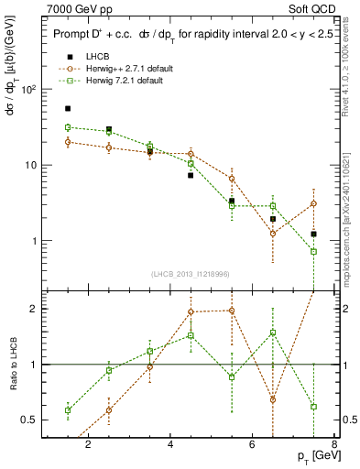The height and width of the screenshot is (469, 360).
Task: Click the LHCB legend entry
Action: pos(84,57)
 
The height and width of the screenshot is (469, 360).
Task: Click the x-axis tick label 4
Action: pos(170,445)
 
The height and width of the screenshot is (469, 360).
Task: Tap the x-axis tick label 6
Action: pos(253,445)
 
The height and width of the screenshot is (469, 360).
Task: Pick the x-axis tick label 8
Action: pos(334,445)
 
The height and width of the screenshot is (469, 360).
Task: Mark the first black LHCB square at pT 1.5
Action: pos(68,108)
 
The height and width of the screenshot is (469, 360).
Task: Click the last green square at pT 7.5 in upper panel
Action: pos(314,251)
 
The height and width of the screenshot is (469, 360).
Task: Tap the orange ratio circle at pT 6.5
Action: pos(273,399)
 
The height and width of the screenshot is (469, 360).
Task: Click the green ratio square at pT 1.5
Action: pos(68,409)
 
